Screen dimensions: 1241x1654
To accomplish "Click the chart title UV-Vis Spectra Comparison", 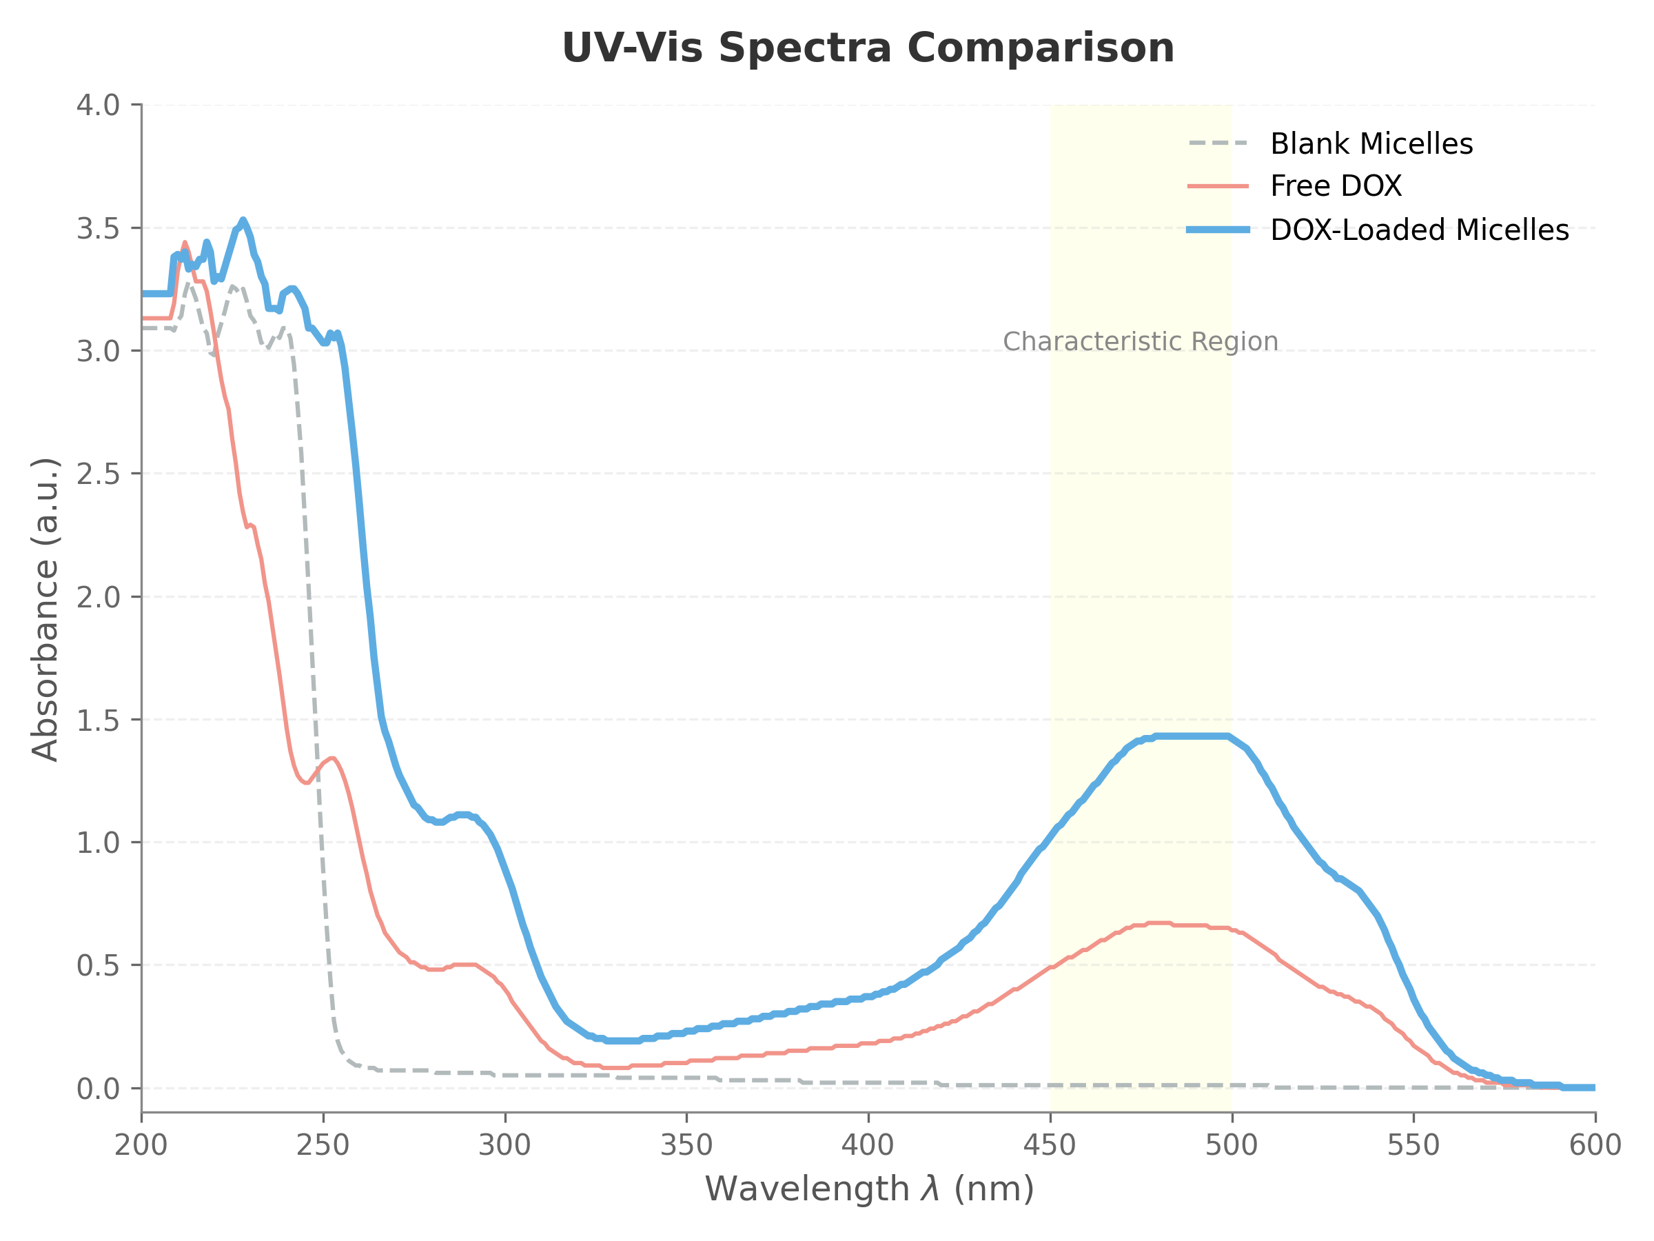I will tap(868, 49).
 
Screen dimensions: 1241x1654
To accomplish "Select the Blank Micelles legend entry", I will tap(1371, 143).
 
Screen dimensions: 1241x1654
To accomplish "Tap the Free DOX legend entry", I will tap(1336, 186).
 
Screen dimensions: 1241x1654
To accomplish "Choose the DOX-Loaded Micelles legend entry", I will tap(1418, 230).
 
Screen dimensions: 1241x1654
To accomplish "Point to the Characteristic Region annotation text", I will tap(1141, 342).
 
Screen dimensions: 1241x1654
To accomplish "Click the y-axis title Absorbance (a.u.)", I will tap(45, 609).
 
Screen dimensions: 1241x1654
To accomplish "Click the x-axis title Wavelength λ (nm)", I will tap(869, 1189).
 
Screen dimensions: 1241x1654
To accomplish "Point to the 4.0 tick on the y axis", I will tap(98, 105).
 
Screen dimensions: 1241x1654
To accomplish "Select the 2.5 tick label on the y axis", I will tap(98, 474).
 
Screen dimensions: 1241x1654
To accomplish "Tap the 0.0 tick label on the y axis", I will tap(98, 1089).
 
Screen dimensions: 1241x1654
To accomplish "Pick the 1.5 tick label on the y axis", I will tap(98, 720).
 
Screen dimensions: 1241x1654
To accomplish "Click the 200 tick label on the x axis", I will tap(141, 1145).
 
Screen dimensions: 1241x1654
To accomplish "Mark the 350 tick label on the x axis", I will tap(686, 1145).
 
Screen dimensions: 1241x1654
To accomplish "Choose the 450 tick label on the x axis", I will tap(1050, 1145).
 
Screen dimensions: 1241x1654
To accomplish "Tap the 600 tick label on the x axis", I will tap(1595, 1145).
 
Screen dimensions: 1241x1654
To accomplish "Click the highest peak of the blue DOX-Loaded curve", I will tap(243, 221).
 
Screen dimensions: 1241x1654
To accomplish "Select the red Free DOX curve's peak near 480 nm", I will tap(1159, 922).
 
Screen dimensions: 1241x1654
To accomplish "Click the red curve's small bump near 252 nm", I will tap(331, 758).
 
